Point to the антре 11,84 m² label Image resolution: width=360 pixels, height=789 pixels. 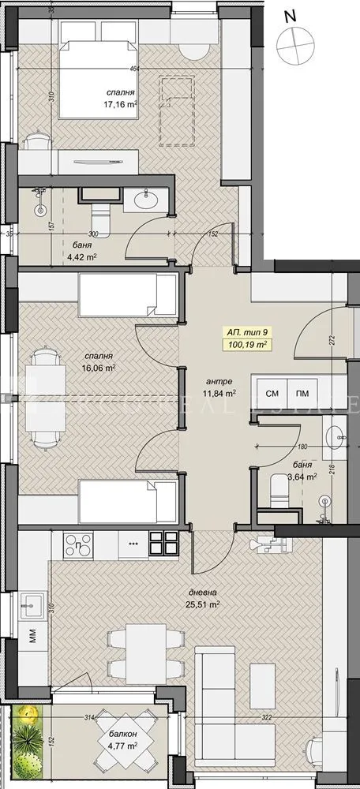coord(219,386)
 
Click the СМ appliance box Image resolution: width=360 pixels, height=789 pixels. coord(272,393)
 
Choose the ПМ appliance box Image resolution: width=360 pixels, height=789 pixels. coord(302,393)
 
